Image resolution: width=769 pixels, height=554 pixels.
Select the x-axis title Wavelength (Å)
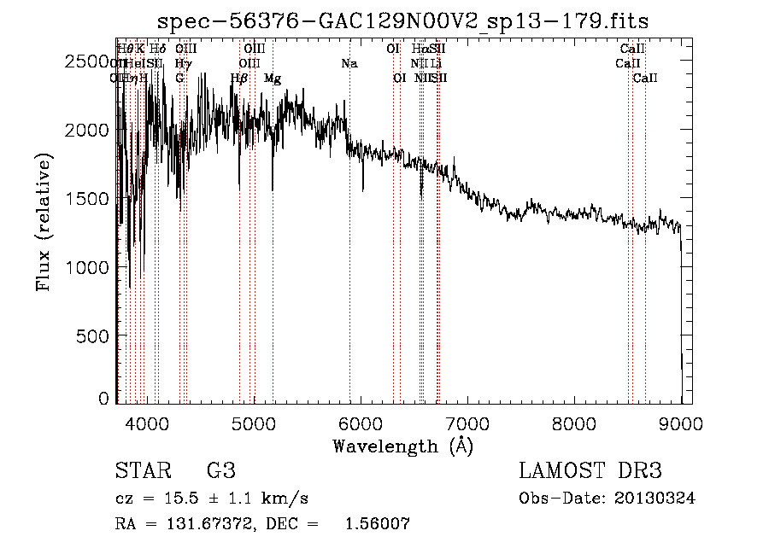(x=402, y=446)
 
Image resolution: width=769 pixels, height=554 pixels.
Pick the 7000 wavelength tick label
(x=467, y=422)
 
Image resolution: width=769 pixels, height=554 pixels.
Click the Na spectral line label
(x=349, y=64)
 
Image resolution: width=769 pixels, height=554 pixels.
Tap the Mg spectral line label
(x=273, y=79)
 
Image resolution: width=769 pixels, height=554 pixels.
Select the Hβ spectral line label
(x=239, y=79)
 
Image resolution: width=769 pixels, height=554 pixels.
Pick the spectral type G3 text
(x=221, y=471)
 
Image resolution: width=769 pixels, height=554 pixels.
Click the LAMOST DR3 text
(x=590, y=471)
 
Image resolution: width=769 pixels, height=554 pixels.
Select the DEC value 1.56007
(x=376, y=524)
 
